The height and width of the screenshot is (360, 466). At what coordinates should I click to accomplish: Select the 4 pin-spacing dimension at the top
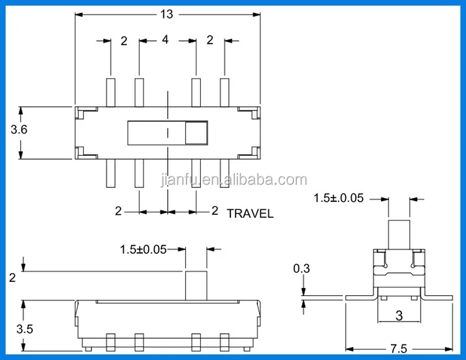[165, 40]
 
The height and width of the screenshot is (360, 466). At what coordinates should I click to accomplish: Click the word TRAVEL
[250, 214]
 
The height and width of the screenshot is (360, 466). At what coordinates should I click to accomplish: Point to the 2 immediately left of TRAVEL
[214, 211]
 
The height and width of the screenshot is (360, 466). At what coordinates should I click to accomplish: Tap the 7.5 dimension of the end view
[399, 347]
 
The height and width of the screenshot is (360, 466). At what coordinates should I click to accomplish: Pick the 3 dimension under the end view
[399, 315]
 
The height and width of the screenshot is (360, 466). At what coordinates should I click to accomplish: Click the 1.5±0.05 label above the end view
[339, 199]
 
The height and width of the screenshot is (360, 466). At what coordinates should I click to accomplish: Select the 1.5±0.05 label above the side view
[144, 250]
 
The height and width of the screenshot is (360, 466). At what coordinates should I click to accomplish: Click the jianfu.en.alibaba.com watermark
[233, 181]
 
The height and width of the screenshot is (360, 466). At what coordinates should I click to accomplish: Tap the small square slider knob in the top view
[197, 133]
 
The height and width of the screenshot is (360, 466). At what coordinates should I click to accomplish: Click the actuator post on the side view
[196, 285]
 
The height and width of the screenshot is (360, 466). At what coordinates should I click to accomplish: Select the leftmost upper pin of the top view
[111, 91]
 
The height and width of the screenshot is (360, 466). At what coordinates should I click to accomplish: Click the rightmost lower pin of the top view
[224, 173]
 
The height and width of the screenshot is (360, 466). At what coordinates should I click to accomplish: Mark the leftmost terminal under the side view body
[111, 341]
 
